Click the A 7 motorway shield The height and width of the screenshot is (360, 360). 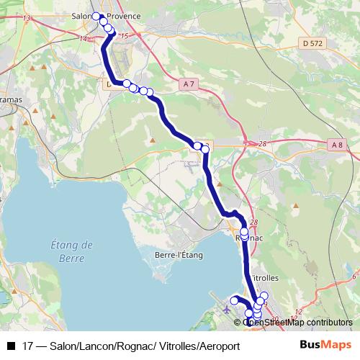click(189, 84)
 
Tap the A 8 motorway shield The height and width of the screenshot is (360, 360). click(337, 145)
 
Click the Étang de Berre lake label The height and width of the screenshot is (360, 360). click(73, 251)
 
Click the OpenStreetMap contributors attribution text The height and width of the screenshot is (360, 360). click(298, 322)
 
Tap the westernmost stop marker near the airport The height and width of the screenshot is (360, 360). click(234, 300)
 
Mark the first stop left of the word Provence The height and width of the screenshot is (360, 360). click(96, 16)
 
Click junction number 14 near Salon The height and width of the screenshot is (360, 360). click(83, 38)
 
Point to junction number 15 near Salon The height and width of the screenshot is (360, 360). click(125, 36)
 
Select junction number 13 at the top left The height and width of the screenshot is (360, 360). click(27, 17)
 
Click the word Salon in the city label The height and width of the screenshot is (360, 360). click(84, 15)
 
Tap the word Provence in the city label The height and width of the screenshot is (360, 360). click(124, 15)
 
